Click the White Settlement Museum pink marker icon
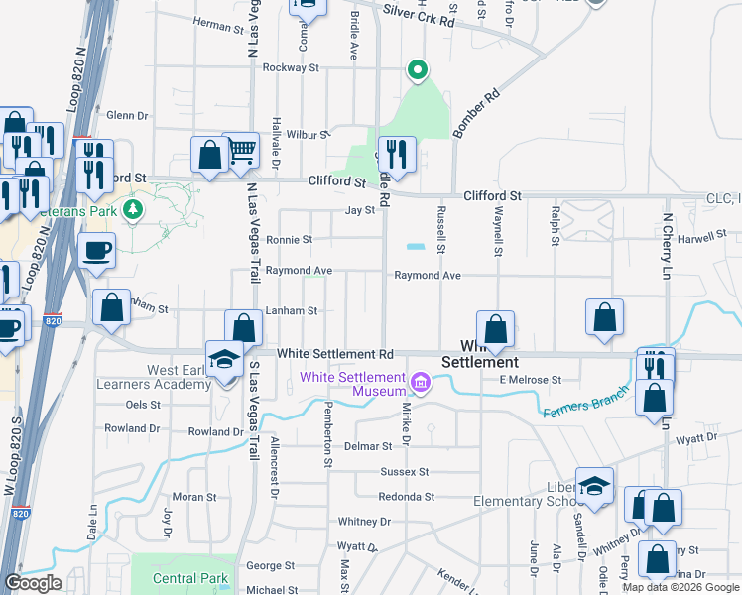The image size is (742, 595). pos(420,382)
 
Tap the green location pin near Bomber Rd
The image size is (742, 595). pos(418,70)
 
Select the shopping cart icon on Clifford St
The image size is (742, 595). pos(241,152)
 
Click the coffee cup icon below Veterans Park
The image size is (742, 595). pos(96,251)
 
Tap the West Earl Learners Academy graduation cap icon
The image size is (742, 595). pos(225,359)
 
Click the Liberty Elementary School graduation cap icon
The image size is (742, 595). pos(594,487)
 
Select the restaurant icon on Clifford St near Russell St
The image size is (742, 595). pos(397,154)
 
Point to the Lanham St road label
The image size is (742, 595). pos(292,311)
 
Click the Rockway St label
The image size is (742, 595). pos(291,68)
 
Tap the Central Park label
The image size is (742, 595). pos(190,578)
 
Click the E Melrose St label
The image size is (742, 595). pos(531,380)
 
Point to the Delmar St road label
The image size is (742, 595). pos(368,448)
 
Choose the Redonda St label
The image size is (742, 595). pos(407,497)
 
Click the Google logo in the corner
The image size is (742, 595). pos(33,583)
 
